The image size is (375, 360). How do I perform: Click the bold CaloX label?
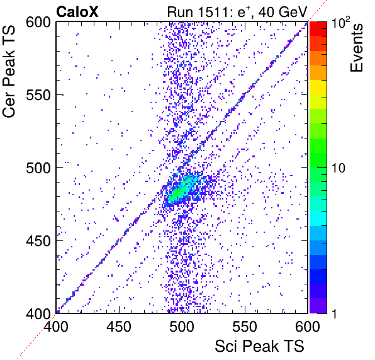click(x=77, y=12)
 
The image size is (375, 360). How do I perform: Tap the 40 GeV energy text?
click(x=283, y=12)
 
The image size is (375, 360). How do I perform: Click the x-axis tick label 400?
click(x=56, y=327)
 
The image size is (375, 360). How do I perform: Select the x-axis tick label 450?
click(x=119, y=327)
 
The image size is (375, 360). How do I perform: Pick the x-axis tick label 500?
click(x=182, y=327)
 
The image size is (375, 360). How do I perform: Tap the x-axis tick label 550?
click(x=245, y=327)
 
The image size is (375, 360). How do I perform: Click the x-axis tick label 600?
click(x=308, y=327)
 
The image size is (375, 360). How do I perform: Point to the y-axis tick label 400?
click(x=38, y=313)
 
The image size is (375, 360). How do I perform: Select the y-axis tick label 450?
click(x=38, y=240)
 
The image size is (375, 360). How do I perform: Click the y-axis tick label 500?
click(x=38, y=168)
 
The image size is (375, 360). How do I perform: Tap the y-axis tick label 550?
click(x=38, y=95)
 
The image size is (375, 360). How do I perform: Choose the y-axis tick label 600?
click(x=38, y=22)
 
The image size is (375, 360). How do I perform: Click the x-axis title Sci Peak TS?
click(x=259, y=346)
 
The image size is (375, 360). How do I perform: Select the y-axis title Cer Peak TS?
click(x=9, y=72)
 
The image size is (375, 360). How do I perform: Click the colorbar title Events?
click(x=356, y=48)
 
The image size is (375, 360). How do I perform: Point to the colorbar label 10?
click(x=339, y=168)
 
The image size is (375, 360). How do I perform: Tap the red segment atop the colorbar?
click(x=318, y=29)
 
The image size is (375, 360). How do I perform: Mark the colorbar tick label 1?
click(x=334, y=313)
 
